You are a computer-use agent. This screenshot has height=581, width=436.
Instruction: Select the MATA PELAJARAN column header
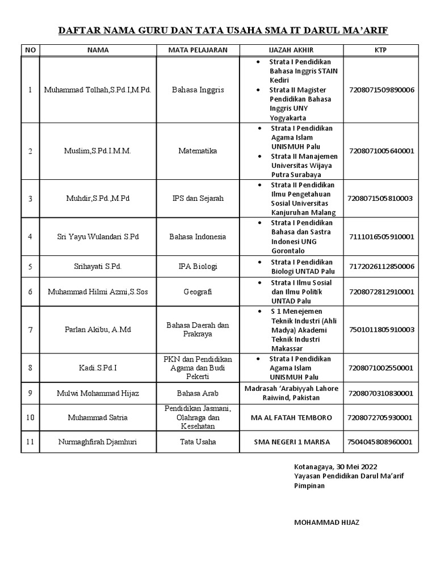(x=198, y=50)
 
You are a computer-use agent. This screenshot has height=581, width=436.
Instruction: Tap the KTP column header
(x=381, y=50)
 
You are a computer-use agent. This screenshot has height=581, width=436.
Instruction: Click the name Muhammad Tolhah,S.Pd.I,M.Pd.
(x=98, y=90)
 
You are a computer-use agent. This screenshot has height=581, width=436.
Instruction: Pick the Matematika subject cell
(x=198, y=151)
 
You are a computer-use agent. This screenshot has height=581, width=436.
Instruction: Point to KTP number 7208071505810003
(x=381, y=198)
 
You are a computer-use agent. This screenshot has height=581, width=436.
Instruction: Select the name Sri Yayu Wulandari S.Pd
(x=98, y=236)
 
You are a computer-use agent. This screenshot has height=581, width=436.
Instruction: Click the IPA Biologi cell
(x=198, y=266)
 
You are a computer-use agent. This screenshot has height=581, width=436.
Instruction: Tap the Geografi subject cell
(x=198, y=292)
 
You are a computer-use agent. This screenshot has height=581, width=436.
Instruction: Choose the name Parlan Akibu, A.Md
(x=98, y=330)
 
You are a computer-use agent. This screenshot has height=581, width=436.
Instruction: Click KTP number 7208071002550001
(x=381, y=368)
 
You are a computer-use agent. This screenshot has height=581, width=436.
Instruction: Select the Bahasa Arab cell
(x=198, y=393)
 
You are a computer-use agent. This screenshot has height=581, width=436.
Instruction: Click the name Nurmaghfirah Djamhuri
(x=98, y=442)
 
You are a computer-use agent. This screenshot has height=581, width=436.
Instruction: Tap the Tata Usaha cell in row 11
(x=198, y=442)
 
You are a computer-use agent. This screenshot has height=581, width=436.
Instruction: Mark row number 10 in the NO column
(x=30, y=418)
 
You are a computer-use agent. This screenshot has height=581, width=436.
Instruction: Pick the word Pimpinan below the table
(x=309, y=486)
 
